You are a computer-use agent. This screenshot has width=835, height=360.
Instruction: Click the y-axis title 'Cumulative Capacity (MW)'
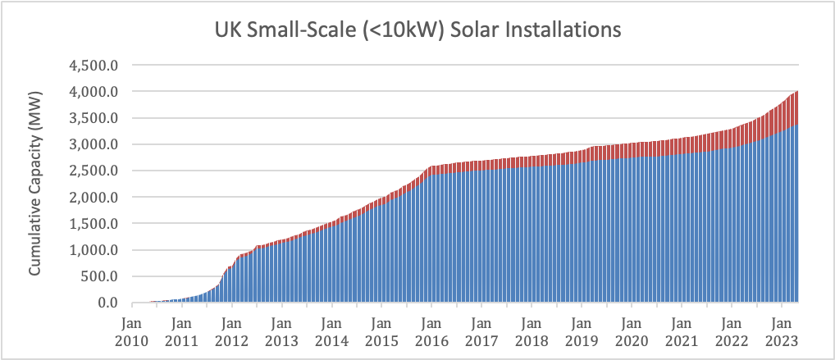(37, 184)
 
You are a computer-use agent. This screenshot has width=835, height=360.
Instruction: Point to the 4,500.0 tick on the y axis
(97, 65)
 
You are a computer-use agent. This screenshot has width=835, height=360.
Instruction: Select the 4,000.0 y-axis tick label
(97, 91)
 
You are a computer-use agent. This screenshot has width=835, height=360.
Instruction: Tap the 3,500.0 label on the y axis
(97, 118)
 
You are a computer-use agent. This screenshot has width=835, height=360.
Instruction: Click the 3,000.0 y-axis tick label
(97, 144)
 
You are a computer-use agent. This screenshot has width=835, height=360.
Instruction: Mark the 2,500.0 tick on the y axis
(97, 171)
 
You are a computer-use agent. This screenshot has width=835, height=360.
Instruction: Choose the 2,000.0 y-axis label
(97, 198)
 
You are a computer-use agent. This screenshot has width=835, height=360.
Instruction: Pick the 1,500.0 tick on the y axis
(97, 224)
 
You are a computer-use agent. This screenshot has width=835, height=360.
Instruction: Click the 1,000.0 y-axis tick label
(97, 250)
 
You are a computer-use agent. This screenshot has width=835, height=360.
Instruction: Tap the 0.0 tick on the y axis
(109, 303)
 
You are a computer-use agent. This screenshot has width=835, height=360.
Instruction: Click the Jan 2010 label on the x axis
(132, 329)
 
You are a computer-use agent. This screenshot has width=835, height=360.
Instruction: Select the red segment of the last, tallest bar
(796, 107)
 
